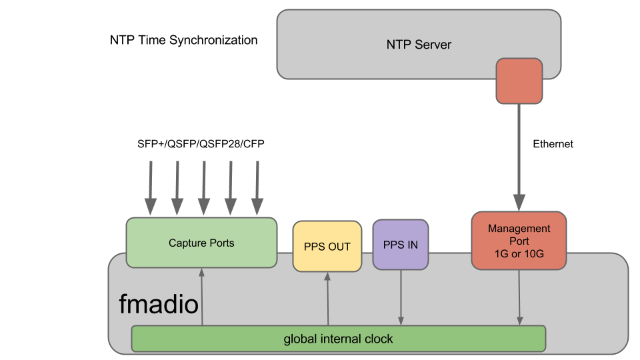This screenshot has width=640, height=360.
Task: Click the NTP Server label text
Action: click(419, 45)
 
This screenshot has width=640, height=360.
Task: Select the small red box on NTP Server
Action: click(519, 81)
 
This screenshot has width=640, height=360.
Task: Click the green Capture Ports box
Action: click(201, 243)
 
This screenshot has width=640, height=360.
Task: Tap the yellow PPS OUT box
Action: click(327, 247)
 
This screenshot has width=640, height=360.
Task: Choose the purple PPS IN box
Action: click(401, 245)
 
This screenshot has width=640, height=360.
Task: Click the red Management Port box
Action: click(519, 241)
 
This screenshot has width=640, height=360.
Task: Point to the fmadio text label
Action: click(159, 305)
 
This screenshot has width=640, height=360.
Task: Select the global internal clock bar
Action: click(338, 339)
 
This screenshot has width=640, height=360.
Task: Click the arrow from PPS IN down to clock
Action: click(401, 297)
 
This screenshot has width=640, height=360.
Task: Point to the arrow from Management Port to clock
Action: click(519, 297)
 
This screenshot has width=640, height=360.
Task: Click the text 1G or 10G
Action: click(519, 253)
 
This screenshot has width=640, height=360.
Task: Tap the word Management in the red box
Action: click(519, 229)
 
